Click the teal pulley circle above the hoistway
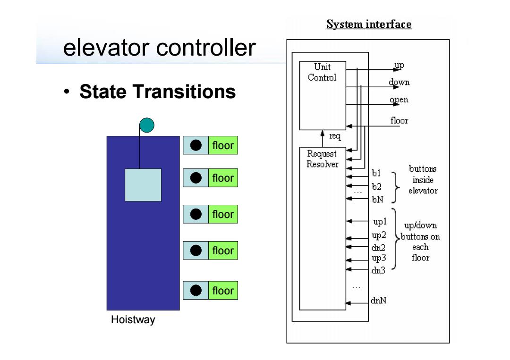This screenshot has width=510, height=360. pyautogui.click(x=147, y=125)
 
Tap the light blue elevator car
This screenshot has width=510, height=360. pyautogui.click(x=143, y=185)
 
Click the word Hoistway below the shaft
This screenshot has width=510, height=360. pyautogui.click(x=133, y=320)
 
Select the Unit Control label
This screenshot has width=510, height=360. pyautogui.click(x=322, y=72)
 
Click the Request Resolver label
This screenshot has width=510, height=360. pyautogui.click(x=323, y=159)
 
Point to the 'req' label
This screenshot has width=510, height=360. pyautogui.click(x=335, y=136)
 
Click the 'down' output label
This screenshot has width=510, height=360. pyautogui.click(x=399, y=82)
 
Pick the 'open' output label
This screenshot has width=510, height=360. pyautogui.click(x=399, y=100)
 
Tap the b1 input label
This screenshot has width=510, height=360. pyautogui.click(x=376, y=173)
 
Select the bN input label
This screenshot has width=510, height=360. pyautogui.click(x=378, y=199)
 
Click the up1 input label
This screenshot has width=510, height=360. pyautogui.click(x=380, y=222)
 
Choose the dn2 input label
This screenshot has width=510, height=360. pyautogui.click(x=378, y=248)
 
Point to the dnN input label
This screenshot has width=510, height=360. pyautogui.click(x=379, y=300)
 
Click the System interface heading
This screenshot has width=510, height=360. pyautogui.click(x=369, y=24)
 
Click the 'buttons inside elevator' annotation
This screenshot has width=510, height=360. pyautogui.click(x=423, y=180)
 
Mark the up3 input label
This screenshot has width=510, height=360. pyautogui.click(x=379, y=258)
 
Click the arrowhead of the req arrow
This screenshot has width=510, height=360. pyautogui.click(x=323, y=133)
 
